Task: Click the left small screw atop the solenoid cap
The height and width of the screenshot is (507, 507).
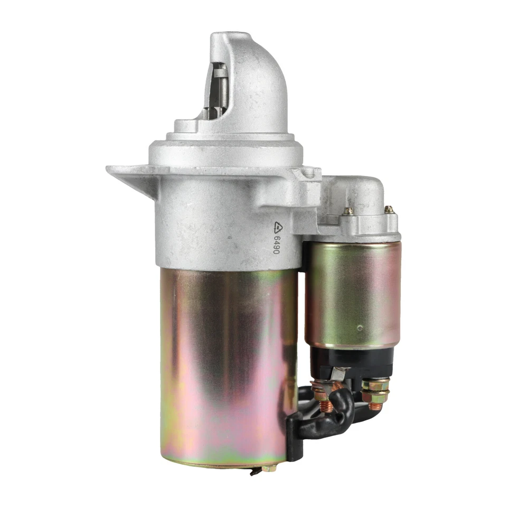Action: (x=348, y=211)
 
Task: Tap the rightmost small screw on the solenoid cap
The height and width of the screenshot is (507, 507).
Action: (x=389, y=210)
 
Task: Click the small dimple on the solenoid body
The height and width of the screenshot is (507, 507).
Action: (x=359, y=327)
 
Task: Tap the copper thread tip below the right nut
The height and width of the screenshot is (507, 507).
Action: (x=375, y=406)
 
